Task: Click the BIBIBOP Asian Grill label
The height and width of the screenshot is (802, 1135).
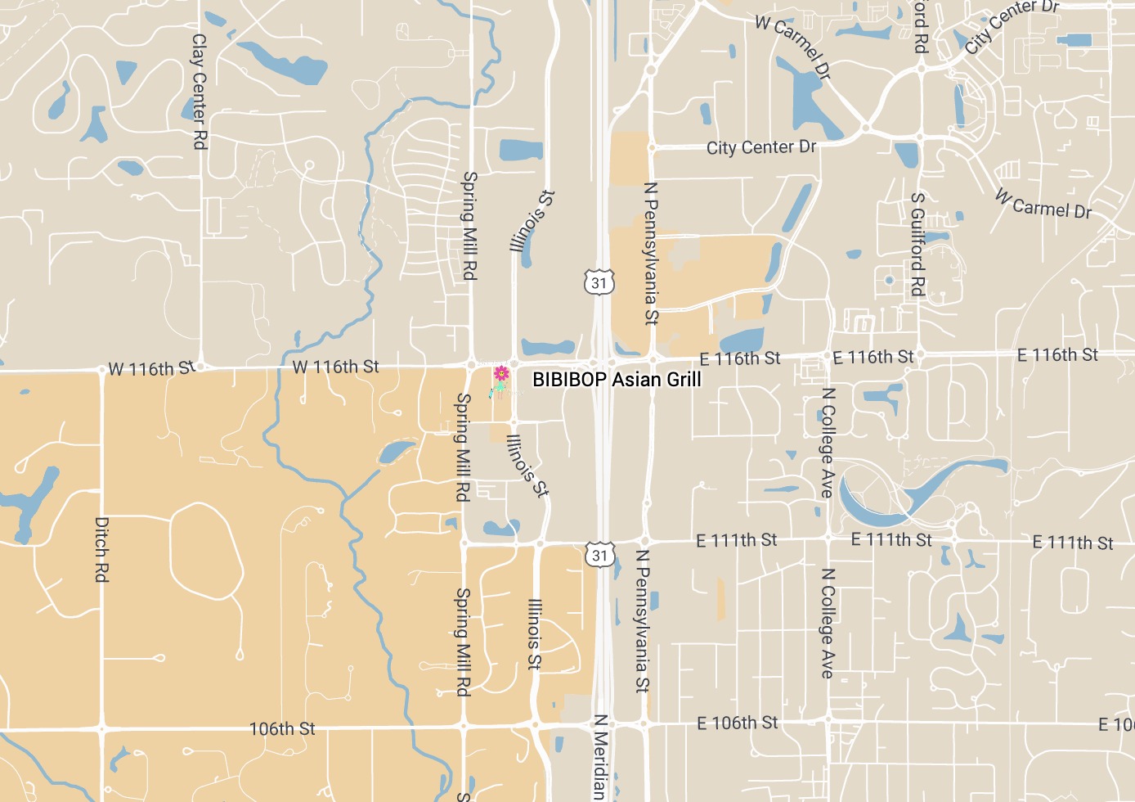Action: (617, 380)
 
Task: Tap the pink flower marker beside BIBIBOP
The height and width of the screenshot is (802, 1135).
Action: (501, 375)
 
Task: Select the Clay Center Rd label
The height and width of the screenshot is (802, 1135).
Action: (199, 91)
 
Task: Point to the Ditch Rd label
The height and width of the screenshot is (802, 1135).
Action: (101, 549)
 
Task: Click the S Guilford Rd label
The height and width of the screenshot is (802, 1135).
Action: (918, 244)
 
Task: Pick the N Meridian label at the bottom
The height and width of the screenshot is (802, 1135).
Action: (599, 757)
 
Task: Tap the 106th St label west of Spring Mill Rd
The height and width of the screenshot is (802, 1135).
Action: (282, 728)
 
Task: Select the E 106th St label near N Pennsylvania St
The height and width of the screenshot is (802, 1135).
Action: (737, 723)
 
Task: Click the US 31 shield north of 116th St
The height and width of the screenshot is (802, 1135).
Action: (599, 283)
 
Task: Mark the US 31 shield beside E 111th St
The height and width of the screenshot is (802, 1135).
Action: (600, 555)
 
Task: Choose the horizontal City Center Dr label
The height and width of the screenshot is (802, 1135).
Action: (760, 147)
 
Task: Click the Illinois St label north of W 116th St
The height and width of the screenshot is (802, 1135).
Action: (532, 221)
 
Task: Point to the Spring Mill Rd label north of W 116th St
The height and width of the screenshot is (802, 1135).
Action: (469, 225)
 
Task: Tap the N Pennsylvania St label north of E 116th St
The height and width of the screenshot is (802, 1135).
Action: (651, 253)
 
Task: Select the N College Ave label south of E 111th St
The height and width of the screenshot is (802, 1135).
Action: (828, 623)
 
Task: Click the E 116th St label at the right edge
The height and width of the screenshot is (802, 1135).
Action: (1057, 354)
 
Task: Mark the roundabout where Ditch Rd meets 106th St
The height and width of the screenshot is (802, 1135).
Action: (102, 727)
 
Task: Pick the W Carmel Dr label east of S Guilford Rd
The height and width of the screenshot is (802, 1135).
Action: (1043, 205)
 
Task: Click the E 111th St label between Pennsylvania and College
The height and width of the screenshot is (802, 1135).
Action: (736, 540)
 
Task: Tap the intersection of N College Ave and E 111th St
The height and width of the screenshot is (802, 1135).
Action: (828, 538)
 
